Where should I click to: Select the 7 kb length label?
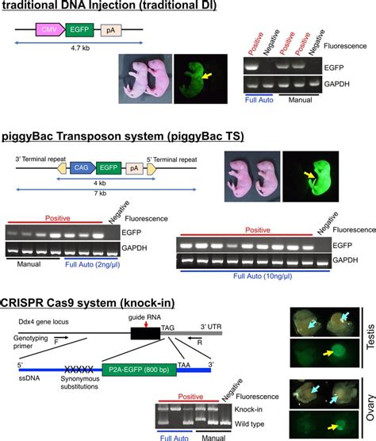102,195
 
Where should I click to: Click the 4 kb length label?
103,182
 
